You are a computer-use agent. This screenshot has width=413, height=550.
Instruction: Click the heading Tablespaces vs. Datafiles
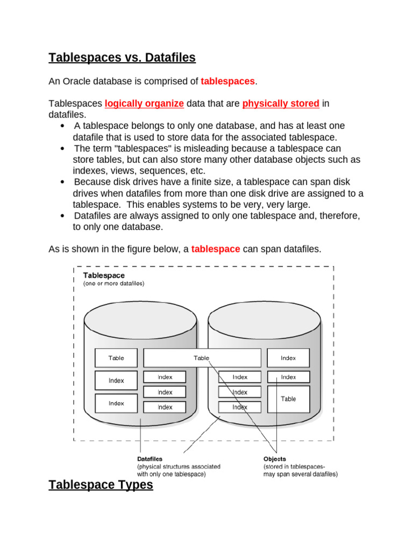122,57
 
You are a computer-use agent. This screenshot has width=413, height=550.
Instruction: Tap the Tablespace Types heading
101,485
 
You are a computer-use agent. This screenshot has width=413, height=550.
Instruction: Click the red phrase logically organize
144,103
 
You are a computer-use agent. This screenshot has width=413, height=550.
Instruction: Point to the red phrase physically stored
281,103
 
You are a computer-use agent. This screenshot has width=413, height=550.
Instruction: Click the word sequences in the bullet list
157,171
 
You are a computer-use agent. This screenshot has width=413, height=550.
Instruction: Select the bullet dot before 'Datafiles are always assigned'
63,216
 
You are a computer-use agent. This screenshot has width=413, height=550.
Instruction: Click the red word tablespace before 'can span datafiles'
216,249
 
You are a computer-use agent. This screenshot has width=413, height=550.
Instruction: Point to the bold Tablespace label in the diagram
104,275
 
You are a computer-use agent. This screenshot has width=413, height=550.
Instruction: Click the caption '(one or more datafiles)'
113,284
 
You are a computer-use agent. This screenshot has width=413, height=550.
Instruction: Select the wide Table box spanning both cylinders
202,358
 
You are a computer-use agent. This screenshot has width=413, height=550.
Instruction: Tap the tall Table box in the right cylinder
288,399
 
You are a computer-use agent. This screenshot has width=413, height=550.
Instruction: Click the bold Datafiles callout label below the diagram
150,459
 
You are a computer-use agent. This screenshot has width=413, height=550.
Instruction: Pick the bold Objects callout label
275,459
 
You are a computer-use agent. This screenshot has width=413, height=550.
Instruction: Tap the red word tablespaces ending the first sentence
228,81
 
